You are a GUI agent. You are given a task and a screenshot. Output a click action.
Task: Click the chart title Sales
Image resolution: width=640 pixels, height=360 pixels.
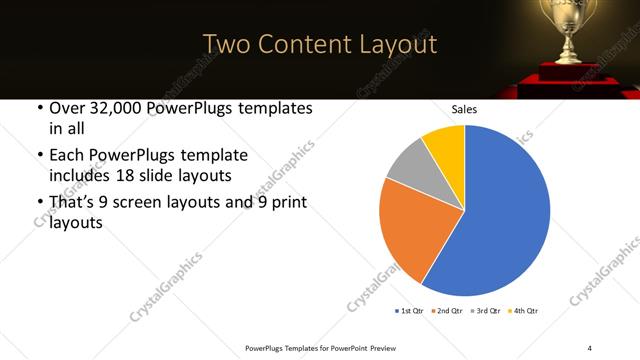tap(465, 109)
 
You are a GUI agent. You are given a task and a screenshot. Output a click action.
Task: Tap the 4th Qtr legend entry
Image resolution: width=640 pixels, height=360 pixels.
tap(525, 311)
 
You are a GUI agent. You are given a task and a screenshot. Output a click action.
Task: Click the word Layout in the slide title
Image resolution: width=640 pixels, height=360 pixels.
tap(396, 44)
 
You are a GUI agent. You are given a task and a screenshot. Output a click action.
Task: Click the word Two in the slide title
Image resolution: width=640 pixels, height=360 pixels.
tap(227, 44)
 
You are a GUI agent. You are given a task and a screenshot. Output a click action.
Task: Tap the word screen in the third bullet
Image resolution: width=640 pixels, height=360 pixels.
tap(156, 202)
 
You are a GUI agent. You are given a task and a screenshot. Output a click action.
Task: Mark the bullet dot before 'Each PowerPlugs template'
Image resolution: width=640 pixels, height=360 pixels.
tap(39, 156)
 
